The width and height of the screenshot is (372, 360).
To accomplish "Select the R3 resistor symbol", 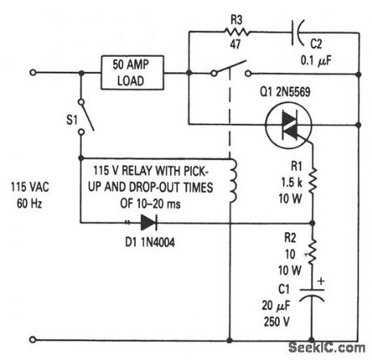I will [240, 35].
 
